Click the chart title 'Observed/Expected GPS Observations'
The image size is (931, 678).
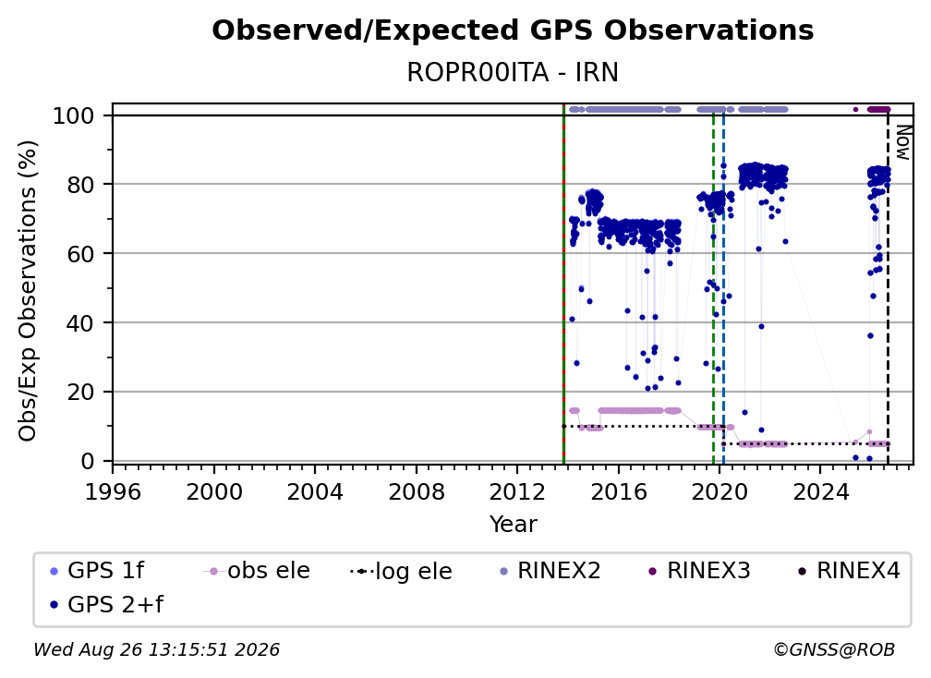[x=513, y=30]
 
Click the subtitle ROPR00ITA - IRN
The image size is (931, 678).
[x=513, y=72]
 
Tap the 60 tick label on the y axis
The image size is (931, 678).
[x=81, y=253]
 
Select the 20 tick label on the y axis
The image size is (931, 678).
[x=81, y=392]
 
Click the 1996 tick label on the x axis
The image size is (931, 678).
[x=113, y=492]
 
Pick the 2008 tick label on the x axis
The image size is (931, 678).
[x=417, y=492]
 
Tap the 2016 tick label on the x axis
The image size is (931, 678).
[x=618, y=492]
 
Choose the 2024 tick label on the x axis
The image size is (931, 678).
[x=820, y=492]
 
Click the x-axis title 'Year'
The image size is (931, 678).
[x=513, y=525]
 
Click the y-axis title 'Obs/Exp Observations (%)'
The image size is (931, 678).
[x=28, y=290]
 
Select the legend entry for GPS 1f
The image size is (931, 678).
[x=97, y=571]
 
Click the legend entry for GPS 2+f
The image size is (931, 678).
[x=106, y=605]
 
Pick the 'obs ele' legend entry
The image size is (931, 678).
[x=257, y=571]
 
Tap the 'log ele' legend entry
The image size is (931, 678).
[x=402, y=572]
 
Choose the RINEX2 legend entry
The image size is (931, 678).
[x=550, y=571]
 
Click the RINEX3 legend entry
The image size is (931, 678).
[x=699, y=571]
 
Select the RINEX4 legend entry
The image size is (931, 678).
[x=849, y=571]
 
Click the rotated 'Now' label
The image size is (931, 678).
[x=902, y=142]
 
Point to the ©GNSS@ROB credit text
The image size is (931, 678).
[x=834, y=650]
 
